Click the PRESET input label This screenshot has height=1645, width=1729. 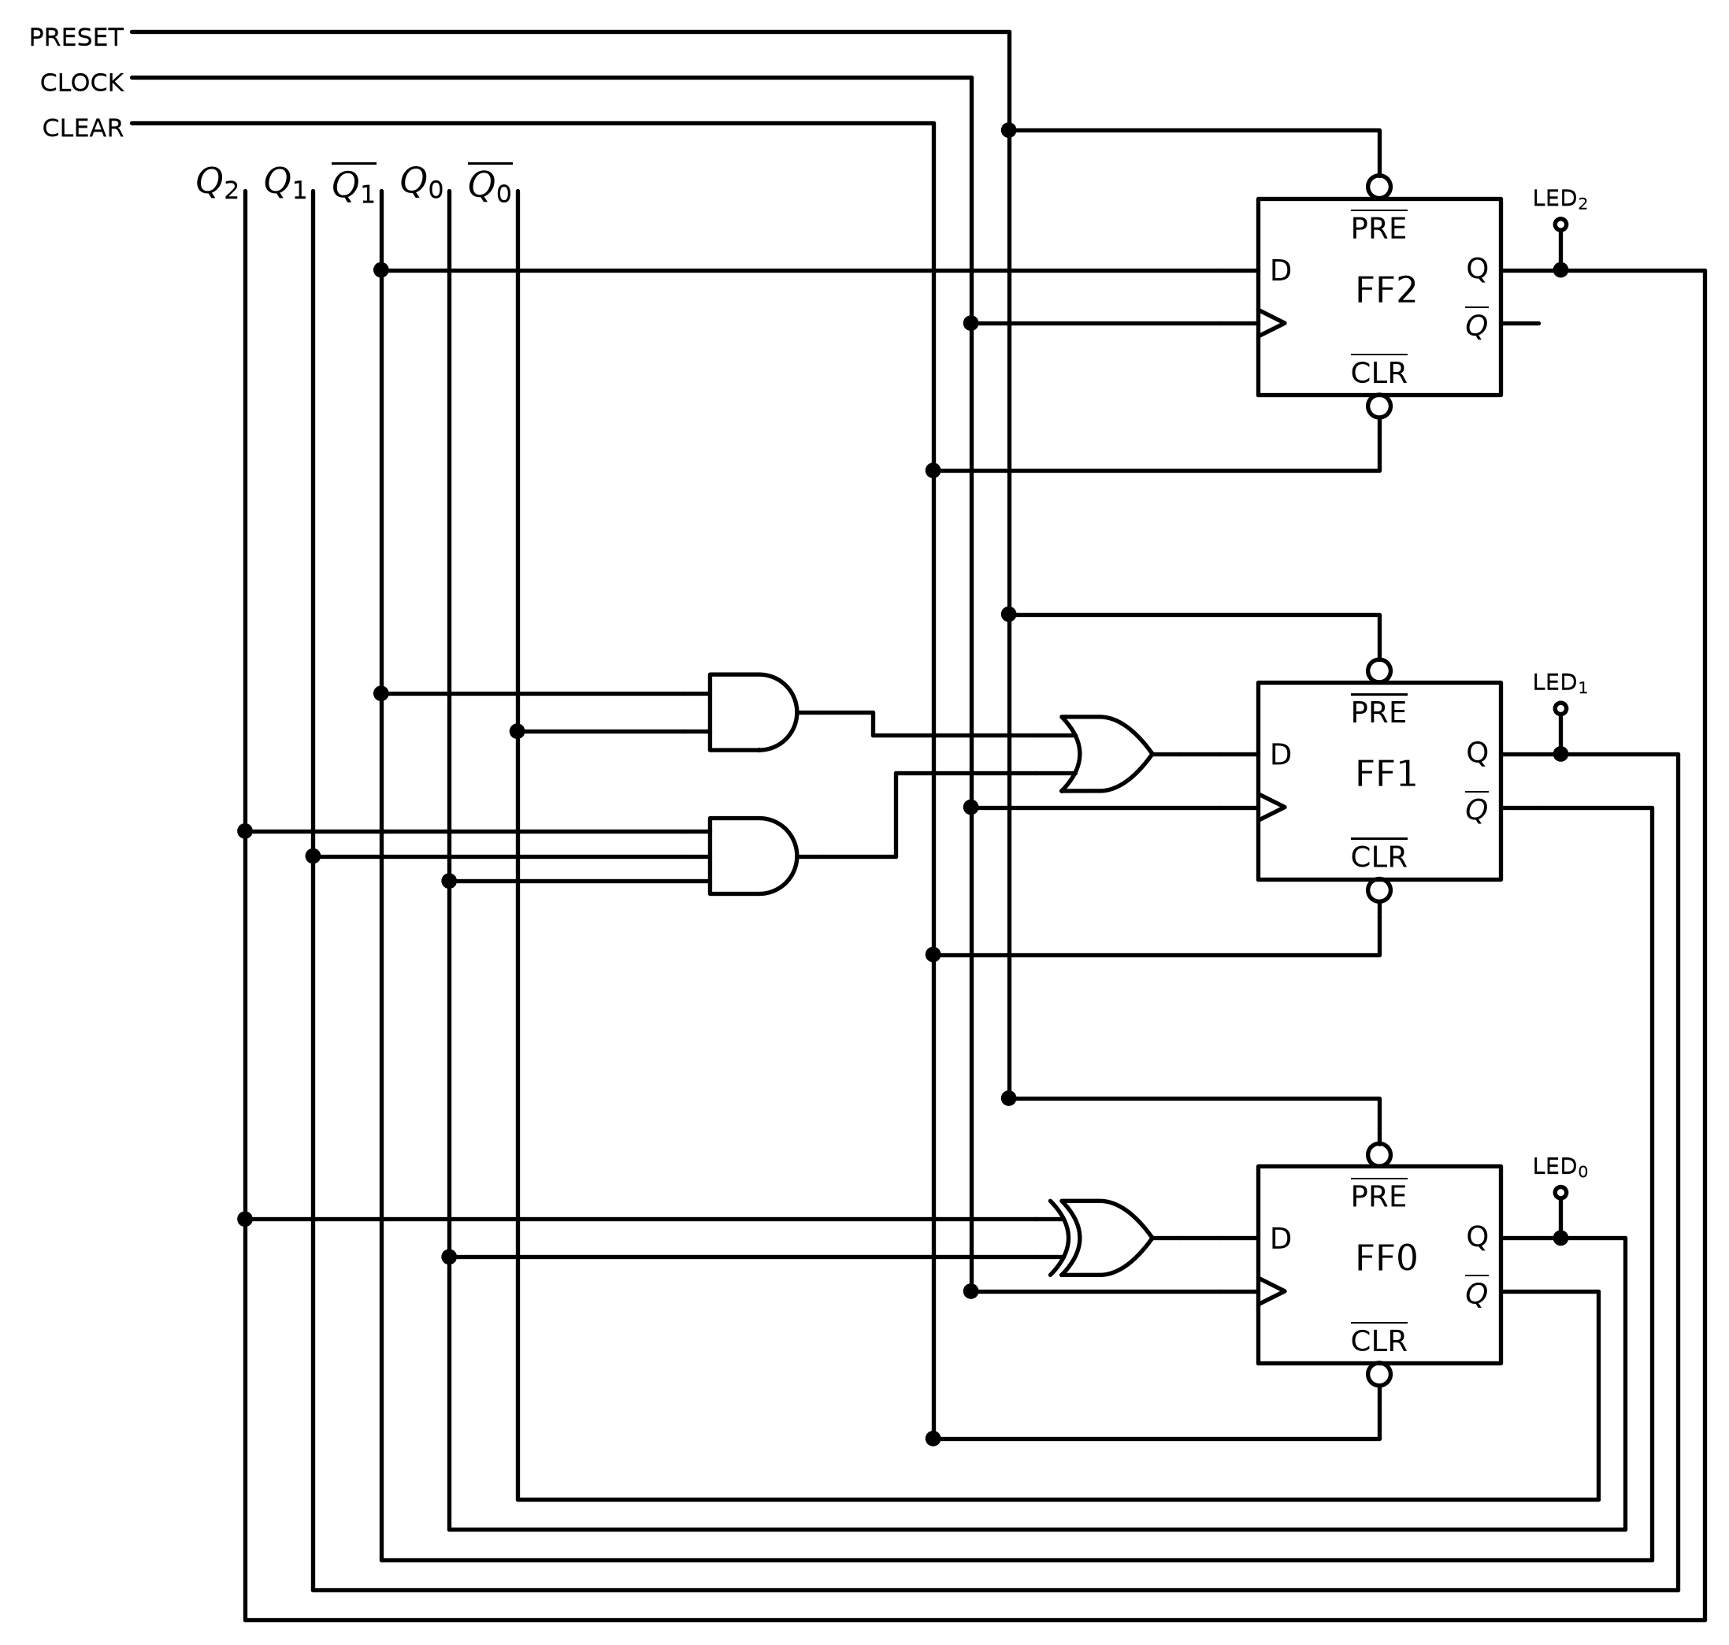pyautogui.click(x=76, y=38)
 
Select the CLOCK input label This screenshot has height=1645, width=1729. pyautogui.click(x=82, y=84)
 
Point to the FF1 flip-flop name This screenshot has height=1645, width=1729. pyautogui.click(x=1386, y=775)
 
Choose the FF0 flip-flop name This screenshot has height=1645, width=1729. pyautogui.click(x=1386, y=1259)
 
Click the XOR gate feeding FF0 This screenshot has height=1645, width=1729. pyautogui.click(x=1100, y=1238)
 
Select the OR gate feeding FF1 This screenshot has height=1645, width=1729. pyautogui.click(x=1106, y=754)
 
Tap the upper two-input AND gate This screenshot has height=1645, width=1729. pyautogui.click(x=753, y=712)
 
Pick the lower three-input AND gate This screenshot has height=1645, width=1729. pyautogui.click(x=753, y=856)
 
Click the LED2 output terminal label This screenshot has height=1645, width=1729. pyautogui.click(x=1560, y=200)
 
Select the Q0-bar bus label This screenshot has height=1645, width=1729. pyautogui.click(x=490, y=184)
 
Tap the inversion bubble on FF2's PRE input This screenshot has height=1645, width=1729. pyautogui.click(x=1379, y=187)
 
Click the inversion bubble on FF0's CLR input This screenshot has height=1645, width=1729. pyautogui.click(x=1379, y=1375)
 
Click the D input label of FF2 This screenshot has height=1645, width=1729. pyautogui.click(x=1280, y=272)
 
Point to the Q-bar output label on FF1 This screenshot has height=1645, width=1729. pyautogui.click(x=1476, y=807)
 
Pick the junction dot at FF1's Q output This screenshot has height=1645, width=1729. pyautogui.click(x=1560, y=754)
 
